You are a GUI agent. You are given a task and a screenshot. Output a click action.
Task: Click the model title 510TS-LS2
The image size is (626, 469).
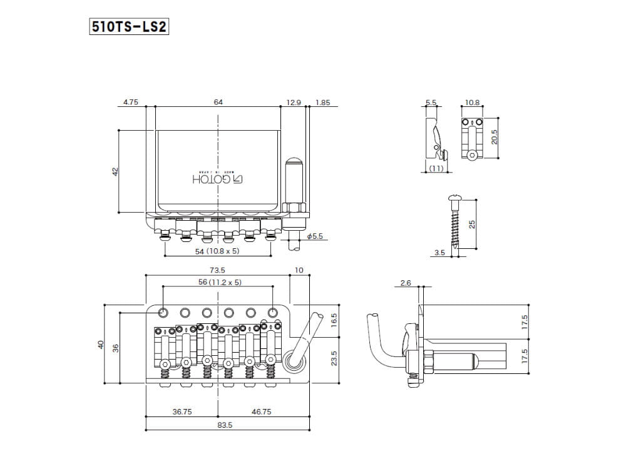pos(130,28)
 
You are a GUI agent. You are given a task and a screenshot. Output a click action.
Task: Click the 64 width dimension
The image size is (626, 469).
pos(218,101)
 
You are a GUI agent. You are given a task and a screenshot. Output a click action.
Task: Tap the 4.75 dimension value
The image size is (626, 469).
pos(130,101)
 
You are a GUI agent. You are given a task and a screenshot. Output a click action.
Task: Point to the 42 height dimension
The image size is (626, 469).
pos(115,171)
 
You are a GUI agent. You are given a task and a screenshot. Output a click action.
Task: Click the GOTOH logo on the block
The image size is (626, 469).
pos(217,179)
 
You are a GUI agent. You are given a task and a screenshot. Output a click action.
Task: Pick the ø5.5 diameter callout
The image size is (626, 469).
pos(315,236)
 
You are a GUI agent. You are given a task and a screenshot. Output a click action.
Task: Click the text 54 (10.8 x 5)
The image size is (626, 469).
pos(217,251)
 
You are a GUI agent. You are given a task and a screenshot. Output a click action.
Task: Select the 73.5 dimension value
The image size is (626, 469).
pos(217,270)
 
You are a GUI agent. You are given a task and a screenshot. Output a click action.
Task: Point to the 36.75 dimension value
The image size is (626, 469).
pos(182,412)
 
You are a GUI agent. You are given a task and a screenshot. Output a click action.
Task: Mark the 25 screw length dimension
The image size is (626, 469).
pos(473,224)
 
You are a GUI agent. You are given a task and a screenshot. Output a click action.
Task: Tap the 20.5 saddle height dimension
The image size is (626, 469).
pos(494,137)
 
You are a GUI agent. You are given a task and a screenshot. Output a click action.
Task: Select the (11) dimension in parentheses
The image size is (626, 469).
pos(436,169)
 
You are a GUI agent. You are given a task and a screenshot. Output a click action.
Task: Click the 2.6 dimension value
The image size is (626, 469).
pos(405,283)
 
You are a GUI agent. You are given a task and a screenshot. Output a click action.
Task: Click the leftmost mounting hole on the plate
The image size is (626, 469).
pos(163,311)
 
